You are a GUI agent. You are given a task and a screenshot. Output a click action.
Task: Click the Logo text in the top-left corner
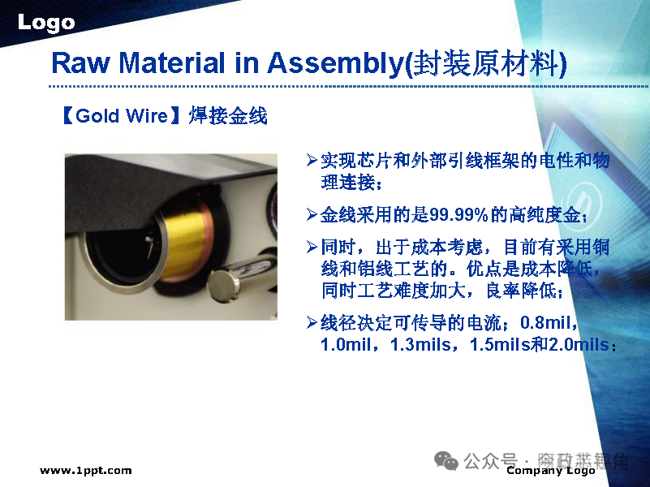46,23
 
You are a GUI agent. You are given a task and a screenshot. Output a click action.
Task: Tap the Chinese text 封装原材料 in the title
487,62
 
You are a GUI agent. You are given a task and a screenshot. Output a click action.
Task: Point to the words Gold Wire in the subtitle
121,116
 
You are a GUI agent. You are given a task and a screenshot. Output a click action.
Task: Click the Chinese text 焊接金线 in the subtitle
228,116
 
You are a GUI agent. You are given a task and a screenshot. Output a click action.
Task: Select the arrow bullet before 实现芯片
311,161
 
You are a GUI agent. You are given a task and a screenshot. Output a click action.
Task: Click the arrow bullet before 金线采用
311,215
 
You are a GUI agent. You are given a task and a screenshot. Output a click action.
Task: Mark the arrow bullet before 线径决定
311,323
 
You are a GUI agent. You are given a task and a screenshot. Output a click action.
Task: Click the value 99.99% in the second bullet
457,215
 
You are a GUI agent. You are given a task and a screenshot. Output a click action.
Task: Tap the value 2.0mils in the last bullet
578,345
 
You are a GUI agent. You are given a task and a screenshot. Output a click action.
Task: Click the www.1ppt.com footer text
85,471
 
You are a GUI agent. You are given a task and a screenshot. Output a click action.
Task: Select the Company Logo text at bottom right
550,471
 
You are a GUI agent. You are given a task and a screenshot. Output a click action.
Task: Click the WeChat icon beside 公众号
446,460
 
